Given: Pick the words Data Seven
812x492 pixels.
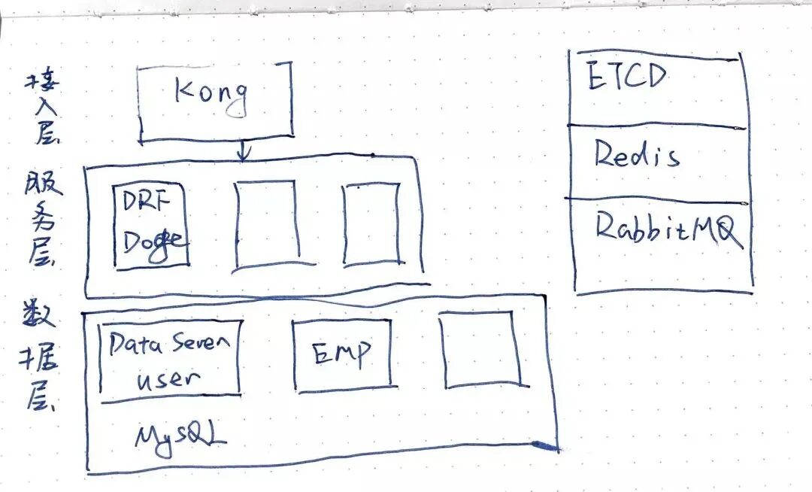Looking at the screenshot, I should (x=168, y=345).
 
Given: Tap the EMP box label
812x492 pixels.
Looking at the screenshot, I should (x=341, y=354).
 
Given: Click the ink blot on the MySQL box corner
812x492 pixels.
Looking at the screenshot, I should (x=544, y=447).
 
